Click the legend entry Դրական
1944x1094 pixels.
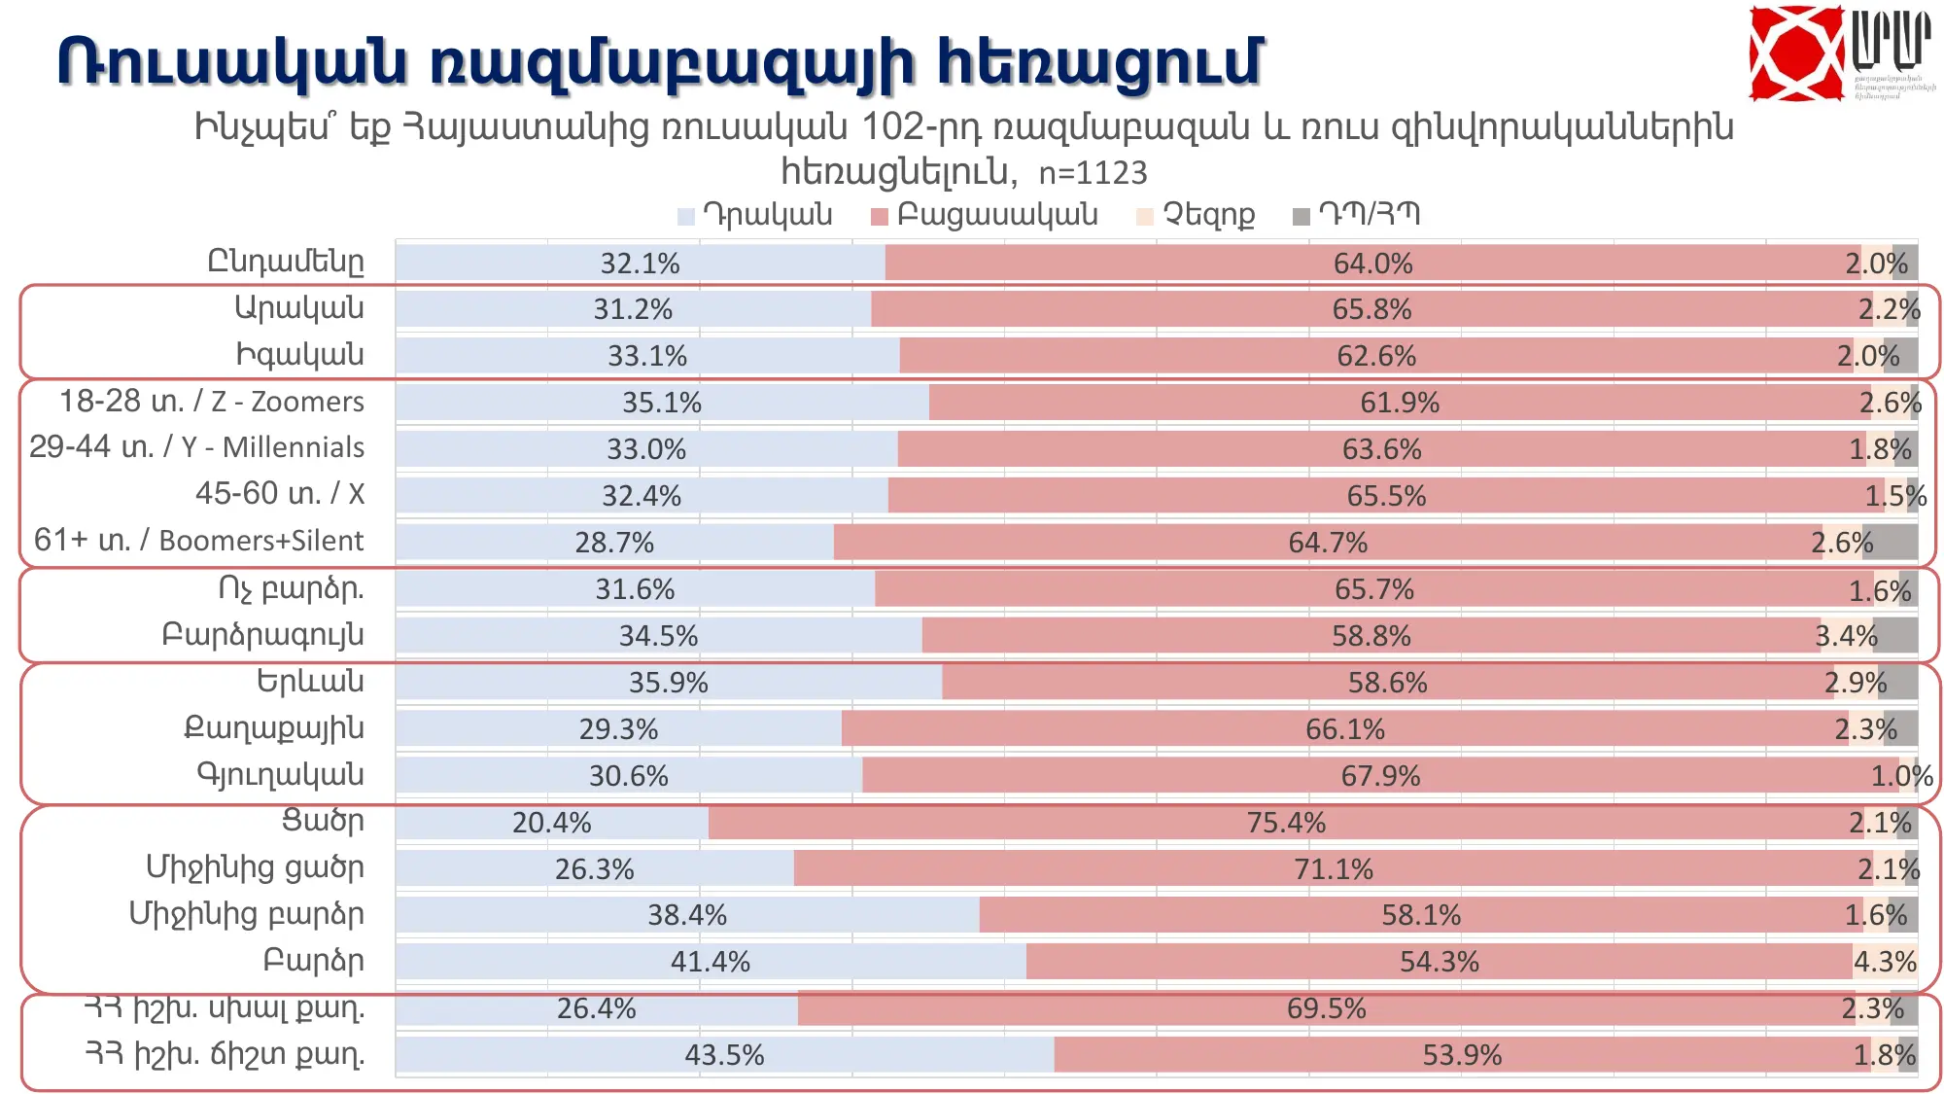[755, 215]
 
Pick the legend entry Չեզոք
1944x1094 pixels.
[1197, 215]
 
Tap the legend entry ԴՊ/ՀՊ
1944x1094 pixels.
[1357, 215]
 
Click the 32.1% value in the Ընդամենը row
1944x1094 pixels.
[640, 264]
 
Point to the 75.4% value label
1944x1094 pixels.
[1286, 823]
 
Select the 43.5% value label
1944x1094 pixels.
[724, 1055]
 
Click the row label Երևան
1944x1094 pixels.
[310, 682]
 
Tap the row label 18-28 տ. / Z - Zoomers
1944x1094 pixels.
[212, 402]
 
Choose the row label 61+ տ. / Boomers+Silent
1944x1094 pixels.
[199, 541]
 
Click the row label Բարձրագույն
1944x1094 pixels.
[262, 635]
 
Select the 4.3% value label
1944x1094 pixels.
[1885, 962]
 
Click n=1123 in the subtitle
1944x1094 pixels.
[1093, 173]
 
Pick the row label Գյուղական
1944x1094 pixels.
[281, 775]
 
